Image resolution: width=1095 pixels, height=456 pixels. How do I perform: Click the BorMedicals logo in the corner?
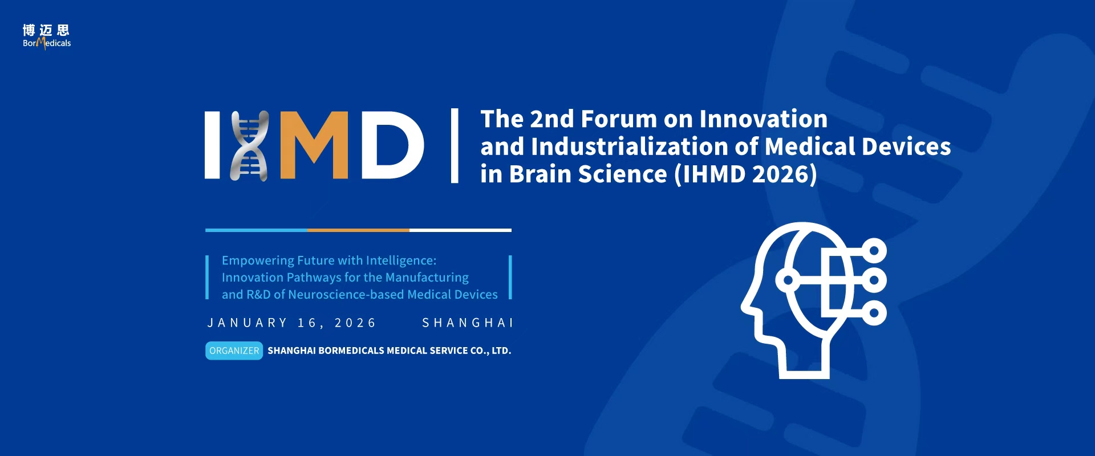pyautogui.click(x=47, y=36)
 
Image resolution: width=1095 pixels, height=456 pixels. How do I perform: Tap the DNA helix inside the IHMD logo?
pyautogui.click(x=249, y=146)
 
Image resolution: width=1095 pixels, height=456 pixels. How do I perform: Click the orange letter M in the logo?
pyautogui.click(x=313, y=145)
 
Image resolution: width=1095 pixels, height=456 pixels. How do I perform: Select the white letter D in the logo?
pyautogui.click(x=392, y=145)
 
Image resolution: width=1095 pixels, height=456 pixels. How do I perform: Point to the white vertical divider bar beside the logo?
pyautogui.click(x=455, y=145)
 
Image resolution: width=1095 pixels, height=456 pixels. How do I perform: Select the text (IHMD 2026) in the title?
pyautogui.click(x=745, y=174)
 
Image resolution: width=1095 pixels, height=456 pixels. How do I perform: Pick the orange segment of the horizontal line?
pyautogui.click(x=358, y=230)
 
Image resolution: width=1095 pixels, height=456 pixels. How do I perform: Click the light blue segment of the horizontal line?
pyautogui.click(x=256, y=230)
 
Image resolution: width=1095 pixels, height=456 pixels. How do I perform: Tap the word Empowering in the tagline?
pyautogui.click(x=257, y=261)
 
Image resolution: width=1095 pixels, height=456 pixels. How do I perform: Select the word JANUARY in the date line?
pyautogui.click(x=247, y=323)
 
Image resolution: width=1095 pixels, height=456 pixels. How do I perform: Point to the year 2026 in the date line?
pyautogui.click(x=355, y=323)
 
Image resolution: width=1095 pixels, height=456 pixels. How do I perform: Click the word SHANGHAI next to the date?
pyautogui.click(x=467, y=323)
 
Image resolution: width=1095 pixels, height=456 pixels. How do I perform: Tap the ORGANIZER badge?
pyautogui.click(x=234, y=351)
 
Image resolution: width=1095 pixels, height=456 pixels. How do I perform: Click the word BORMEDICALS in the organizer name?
pyautogui.click(x=351, y=351)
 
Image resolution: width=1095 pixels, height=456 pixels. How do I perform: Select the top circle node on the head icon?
pyautogui.click(x=874, y=250)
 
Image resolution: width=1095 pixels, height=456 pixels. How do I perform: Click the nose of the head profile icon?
pyautogui.click(x=746, y=305)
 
